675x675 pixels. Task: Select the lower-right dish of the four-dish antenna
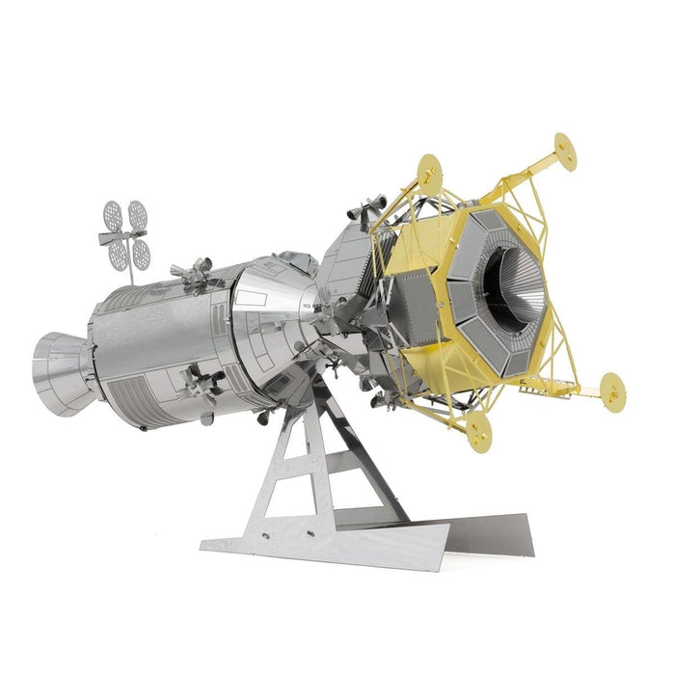[x=141, y=255]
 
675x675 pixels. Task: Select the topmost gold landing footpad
[x=564, y=151]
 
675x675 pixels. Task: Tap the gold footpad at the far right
[x=612, y=390]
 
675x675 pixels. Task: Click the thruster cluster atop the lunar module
[x=364, y=210]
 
